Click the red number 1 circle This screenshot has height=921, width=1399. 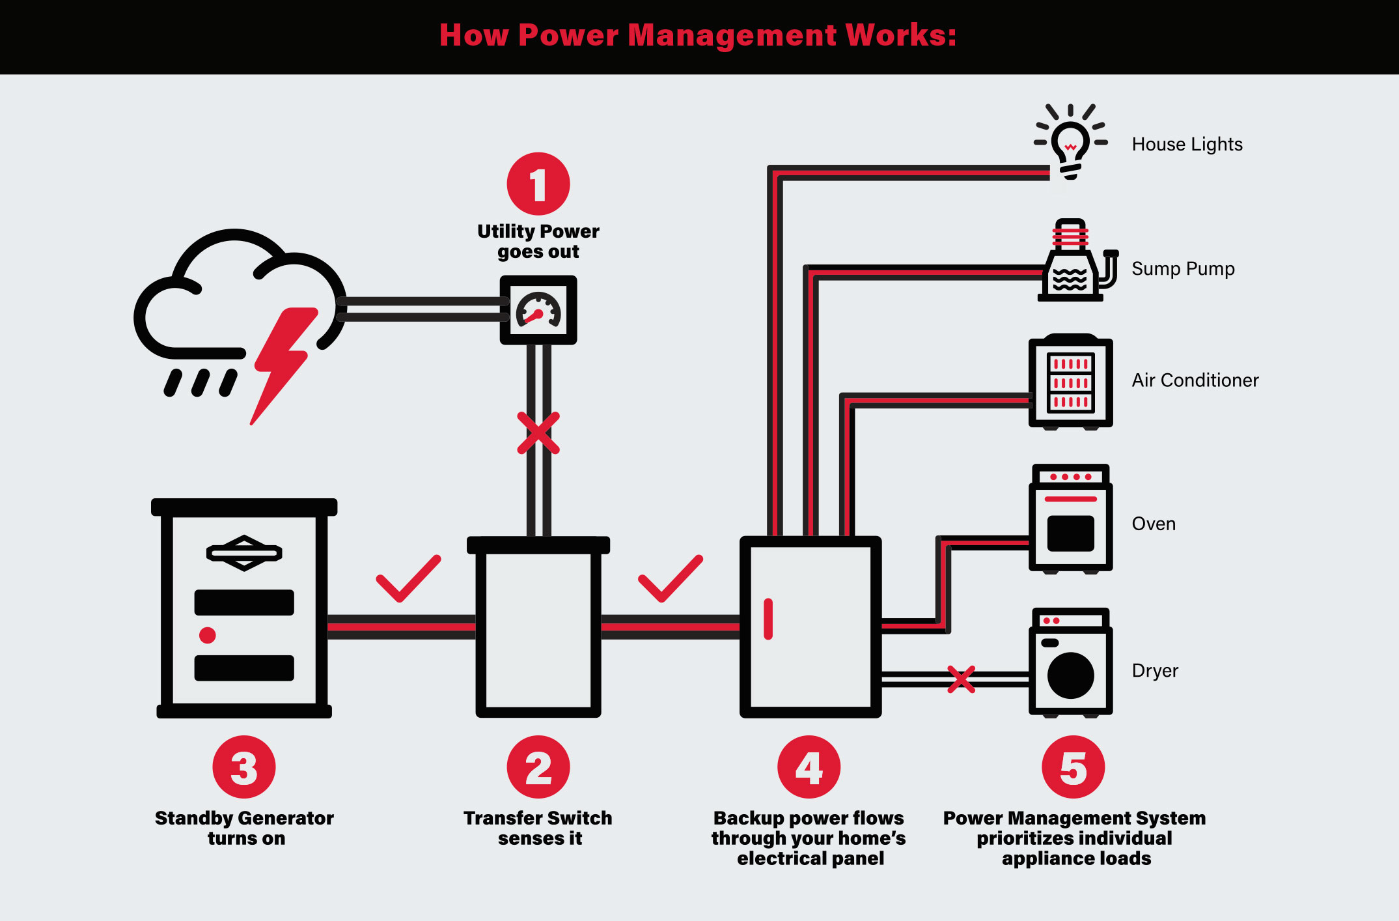coord(538,184)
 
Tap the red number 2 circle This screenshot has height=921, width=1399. coord(538,767)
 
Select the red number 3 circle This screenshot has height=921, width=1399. coord(244,767)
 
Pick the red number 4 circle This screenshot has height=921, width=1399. coord(809,767)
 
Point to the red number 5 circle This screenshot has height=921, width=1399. coord(1073,767)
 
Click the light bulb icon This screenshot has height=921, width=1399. coord(1071,141)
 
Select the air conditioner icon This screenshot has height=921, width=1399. coord(1070,382)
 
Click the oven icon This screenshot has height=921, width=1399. coord(1070,518)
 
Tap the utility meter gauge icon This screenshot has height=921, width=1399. coord(538,310)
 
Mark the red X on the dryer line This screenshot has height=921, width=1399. coord(961,679)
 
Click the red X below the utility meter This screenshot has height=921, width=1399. coord(538,432)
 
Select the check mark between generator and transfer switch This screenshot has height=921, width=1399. coord(408,579)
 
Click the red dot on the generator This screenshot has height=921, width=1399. coord(208,635)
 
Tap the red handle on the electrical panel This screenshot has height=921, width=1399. coord(768,619)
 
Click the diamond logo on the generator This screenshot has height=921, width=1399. coord(244,553)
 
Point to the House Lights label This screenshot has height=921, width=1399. coord(1187,144)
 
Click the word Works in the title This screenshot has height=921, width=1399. coord(901,35)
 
